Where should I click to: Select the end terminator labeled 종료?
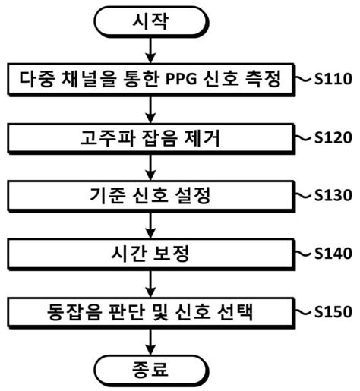click(x=152, y=369)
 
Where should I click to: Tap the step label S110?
click(x=333, y=78)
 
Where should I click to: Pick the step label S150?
click(x=333, y=311)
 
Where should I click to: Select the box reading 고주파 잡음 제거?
click(x=152, y=137)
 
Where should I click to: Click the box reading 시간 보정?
click(x=152, y=254)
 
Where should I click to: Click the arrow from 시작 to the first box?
click(x=152, y=51)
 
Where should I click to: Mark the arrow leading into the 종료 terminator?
click(x=152, y=340)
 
